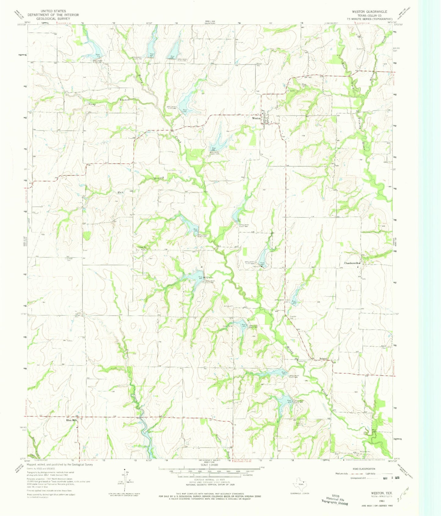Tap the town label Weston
pyautogui.click(x=256, y=118)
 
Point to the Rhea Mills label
pyautogui.click(x=68, y=421)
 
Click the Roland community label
pyautogui.click(x=323, y=359)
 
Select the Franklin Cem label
pyautogui.click(x=293, y=317)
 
